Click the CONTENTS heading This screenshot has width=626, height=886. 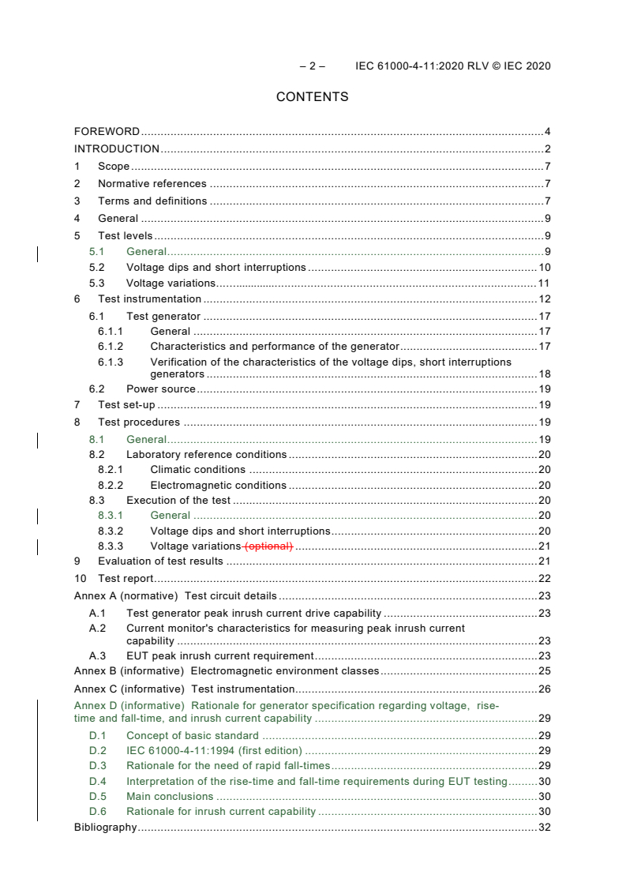[x=312, y=97]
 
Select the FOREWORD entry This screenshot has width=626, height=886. [x=107, y=132]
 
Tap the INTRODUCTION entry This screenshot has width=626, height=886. [x=117, y=149]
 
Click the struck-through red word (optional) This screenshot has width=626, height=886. [x=268, y=546]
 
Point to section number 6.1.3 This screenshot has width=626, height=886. [x=111, y=362]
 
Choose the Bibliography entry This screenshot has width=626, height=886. [x=105, y=828]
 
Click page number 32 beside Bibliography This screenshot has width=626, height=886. [x=544, y=828]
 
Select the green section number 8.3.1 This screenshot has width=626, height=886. [x=111, y=516]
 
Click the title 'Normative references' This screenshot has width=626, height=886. [x=152, y=184]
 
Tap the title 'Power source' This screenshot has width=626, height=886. [x=161, y=389]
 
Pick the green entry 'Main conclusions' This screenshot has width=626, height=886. [x=170, y=797]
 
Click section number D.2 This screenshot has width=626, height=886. [x=97, y=751]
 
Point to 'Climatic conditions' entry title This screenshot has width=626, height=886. [x=198, y=470]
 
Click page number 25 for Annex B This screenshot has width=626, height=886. [x=544, y=671]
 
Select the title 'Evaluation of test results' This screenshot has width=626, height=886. [x=161, y=561]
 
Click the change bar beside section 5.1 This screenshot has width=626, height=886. [x=38, y=253]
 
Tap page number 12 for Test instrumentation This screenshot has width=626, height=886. [x=544, y=299]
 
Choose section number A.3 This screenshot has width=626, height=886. [x=97, y=656]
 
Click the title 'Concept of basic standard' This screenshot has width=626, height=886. [x=193, y=736]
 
